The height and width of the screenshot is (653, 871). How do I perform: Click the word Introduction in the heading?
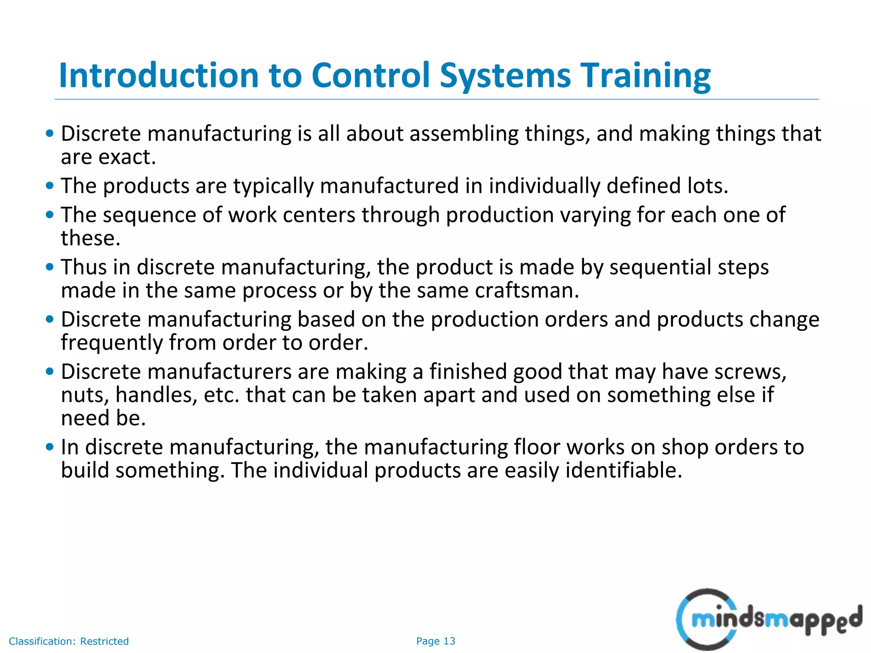pos(159,76)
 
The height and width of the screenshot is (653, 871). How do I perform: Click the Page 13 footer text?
pos(435,641)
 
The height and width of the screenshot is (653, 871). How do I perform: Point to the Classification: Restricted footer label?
pos(68,641)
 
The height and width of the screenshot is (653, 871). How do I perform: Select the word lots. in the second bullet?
pos(708,186)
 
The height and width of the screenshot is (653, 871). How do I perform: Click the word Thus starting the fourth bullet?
pos(84,267)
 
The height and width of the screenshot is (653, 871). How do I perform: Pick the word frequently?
pos(111,343)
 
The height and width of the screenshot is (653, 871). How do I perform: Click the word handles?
pos(156,395)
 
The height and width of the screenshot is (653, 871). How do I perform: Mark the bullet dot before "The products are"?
pos(50,186)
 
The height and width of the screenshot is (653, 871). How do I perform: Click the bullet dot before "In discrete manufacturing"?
pos(50,447)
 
